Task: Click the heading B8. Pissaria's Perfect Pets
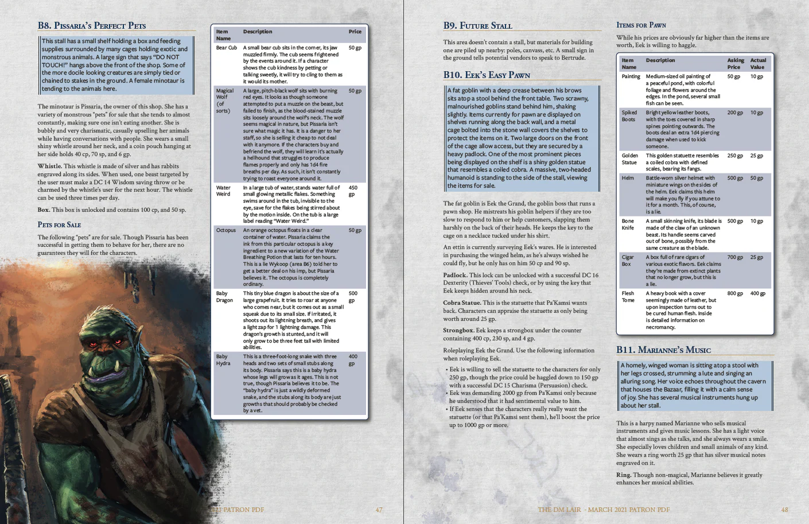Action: [x=92, y=26]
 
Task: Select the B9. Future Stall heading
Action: [x=477, y=26]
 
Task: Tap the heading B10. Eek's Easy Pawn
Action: [x=487, y=75]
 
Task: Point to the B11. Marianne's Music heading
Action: [x=663, y=350]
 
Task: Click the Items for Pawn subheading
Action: [x=641, y=25]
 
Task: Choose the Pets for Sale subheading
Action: [x=59, y=225]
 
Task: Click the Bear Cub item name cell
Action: [x=226, y=48]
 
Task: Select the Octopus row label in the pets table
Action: [x=225, y=231]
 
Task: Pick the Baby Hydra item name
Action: [x=223, y=360]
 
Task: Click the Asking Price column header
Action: [x=736, y=64]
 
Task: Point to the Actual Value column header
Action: [x=758, y=64]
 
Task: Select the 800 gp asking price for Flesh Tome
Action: [x=735, y=294]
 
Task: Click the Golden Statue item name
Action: [x=629, y=159]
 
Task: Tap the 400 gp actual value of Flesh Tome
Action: [x=757, y=294]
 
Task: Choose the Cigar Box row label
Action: [x=627, y=261]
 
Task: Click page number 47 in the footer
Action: [x=379, y=510]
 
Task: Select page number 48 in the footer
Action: [x=784, y=510]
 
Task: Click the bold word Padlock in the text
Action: [x=454, y=275]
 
